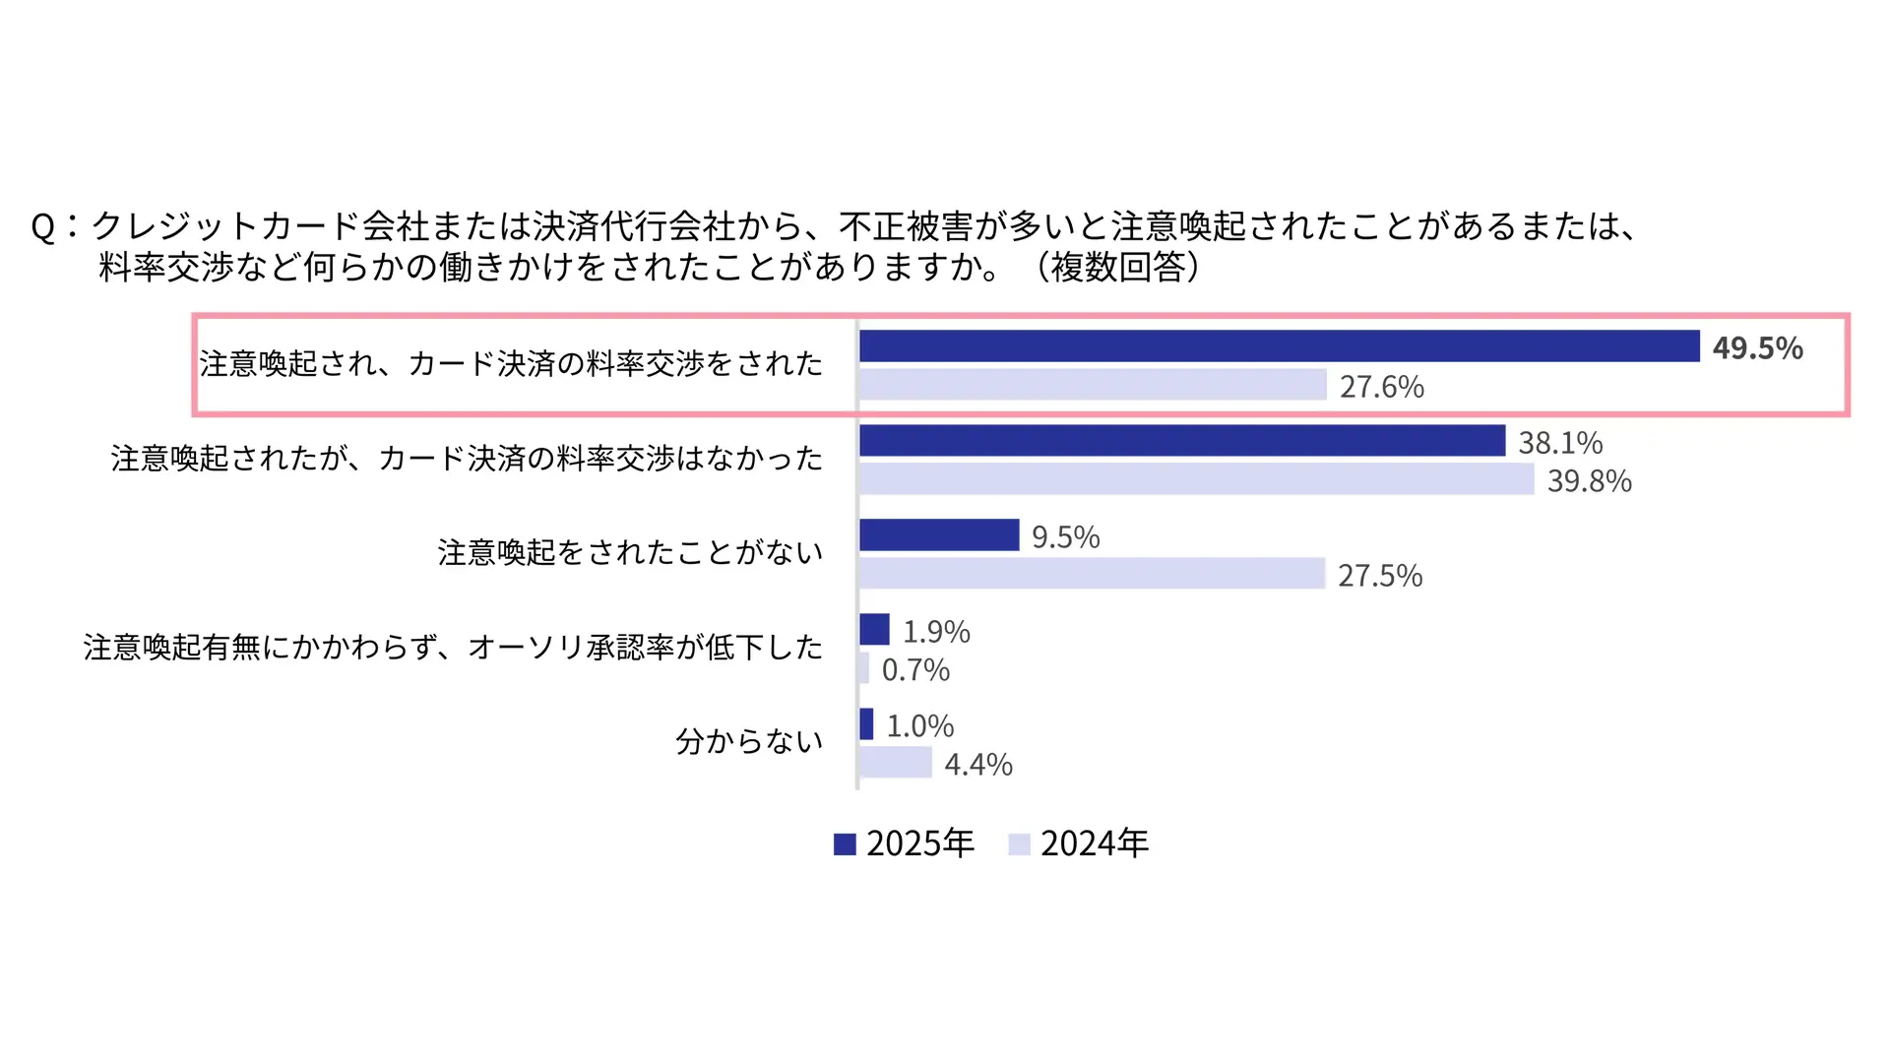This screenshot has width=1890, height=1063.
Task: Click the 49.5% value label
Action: click(1757, 347)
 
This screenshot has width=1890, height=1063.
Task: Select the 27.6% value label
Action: click(1381, 387)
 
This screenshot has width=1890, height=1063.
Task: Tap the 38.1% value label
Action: click(1560, 443)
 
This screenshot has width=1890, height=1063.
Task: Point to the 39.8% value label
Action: click(1589, 481)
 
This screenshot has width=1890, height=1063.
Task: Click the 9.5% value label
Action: click(1065, 537)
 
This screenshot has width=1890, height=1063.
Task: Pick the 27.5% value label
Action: click(1380, 576)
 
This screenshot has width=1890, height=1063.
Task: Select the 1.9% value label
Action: click(936, 632)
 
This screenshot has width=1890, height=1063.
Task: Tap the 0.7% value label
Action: click(915, 670)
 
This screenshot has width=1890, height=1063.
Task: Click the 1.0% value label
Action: click(920, 726)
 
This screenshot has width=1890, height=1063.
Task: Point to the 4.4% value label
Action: click(978, 765)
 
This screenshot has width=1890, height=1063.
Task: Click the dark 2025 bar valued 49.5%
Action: click(1279, 346)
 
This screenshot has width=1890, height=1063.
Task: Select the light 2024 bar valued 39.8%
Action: click(1196, 479)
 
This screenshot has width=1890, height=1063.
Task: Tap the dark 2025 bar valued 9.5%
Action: click(939, 534)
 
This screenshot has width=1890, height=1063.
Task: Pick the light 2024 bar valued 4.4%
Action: click(896, 762)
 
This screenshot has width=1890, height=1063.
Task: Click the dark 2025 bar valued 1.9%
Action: click(874, 629)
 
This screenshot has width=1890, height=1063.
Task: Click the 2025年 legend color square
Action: click(845, 844)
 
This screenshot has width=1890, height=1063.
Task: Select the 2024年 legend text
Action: click(1095, 844)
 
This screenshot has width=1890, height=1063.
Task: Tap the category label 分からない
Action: click(749, 741)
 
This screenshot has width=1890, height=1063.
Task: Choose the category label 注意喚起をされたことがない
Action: click(630, 553)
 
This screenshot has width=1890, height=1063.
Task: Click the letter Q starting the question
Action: click(43, 228)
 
